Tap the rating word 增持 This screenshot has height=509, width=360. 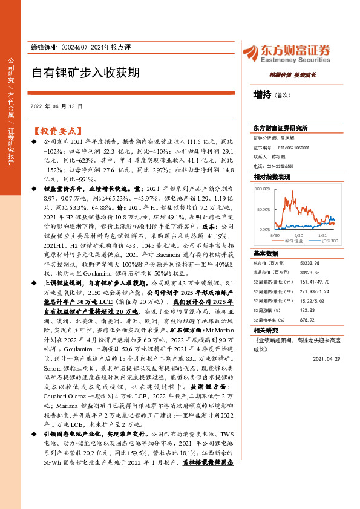pos(262,95)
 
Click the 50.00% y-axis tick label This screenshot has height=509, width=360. pos(263,209)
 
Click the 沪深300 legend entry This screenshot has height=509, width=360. pos(329,241)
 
